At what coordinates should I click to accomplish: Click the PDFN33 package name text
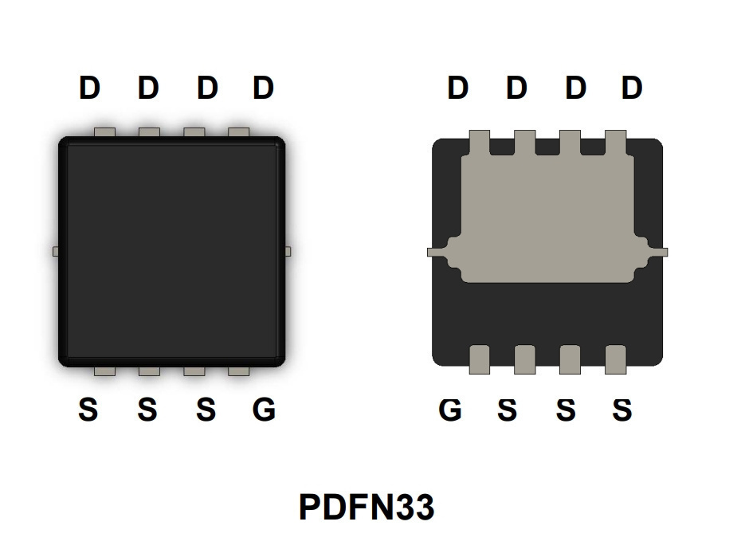[367, 507]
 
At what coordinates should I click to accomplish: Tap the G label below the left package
[264, 409]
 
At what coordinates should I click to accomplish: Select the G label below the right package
[450, 409]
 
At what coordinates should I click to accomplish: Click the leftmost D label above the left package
[89, 88]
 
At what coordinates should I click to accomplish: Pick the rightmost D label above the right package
[632, 88]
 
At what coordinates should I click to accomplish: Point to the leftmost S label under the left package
[88, 409]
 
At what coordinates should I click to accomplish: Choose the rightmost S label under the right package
[622, 409]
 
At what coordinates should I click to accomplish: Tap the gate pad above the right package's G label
[479, 359]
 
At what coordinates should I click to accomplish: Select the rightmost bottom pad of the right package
[615, 359]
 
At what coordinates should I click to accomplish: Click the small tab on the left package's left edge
[55, 251]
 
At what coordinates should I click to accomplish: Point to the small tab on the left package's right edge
[288, 251]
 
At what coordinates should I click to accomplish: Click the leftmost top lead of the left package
[104, 132]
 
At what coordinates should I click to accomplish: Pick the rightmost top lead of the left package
[239, 132]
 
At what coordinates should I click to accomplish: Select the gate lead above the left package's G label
[239, 371]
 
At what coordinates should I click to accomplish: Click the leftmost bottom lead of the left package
[104, 371]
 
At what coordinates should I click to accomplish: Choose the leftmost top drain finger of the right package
[479, 143]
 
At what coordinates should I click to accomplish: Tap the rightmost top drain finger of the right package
[615, 143]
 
